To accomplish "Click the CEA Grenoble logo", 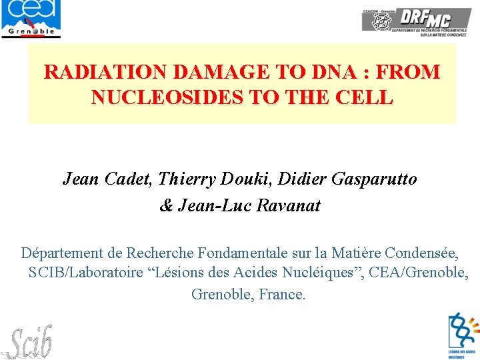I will click(x=31, y=19).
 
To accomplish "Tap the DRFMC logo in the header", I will click(x=417, y=21).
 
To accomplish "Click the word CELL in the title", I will click(x=366, y=98).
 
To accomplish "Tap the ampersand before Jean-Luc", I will click(x=167, y=205).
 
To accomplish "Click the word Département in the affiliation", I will click(x=62, y=253).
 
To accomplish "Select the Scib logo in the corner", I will click(x=29, y=341).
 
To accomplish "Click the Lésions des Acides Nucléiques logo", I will click(x=463, y=336).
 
